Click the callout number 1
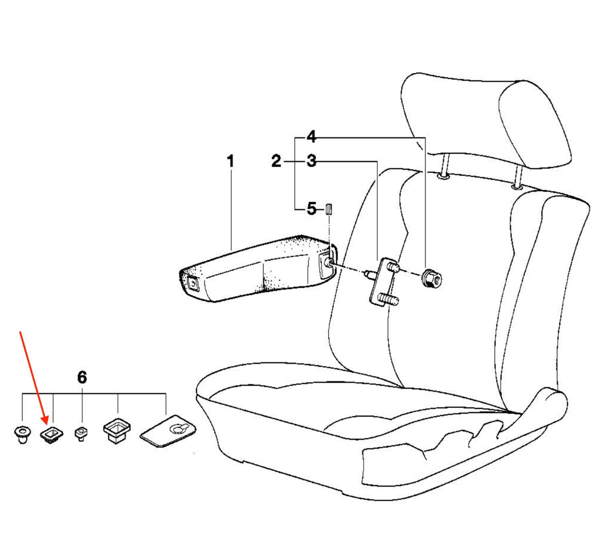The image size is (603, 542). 231,161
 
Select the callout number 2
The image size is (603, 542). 276,161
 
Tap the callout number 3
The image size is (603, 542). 311,161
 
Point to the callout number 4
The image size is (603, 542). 311,137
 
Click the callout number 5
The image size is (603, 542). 311,209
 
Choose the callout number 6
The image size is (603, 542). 82,377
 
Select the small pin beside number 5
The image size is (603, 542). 329,209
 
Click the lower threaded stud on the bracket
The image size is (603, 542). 389,299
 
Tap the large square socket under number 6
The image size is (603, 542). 117,431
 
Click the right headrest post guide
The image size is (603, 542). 516,188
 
